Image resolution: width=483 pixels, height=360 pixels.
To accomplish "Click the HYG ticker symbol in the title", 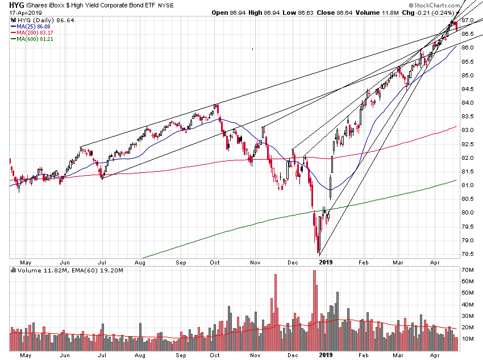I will [x=11, y=5].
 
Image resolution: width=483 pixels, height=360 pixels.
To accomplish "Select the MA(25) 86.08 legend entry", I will [x=34, y=26].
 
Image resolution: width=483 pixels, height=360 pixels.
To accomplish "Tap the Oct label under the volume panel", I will [x=215, y=354].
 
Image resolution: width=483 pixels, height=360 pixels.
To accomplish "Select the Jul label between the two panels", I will [x=103, y=262].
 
